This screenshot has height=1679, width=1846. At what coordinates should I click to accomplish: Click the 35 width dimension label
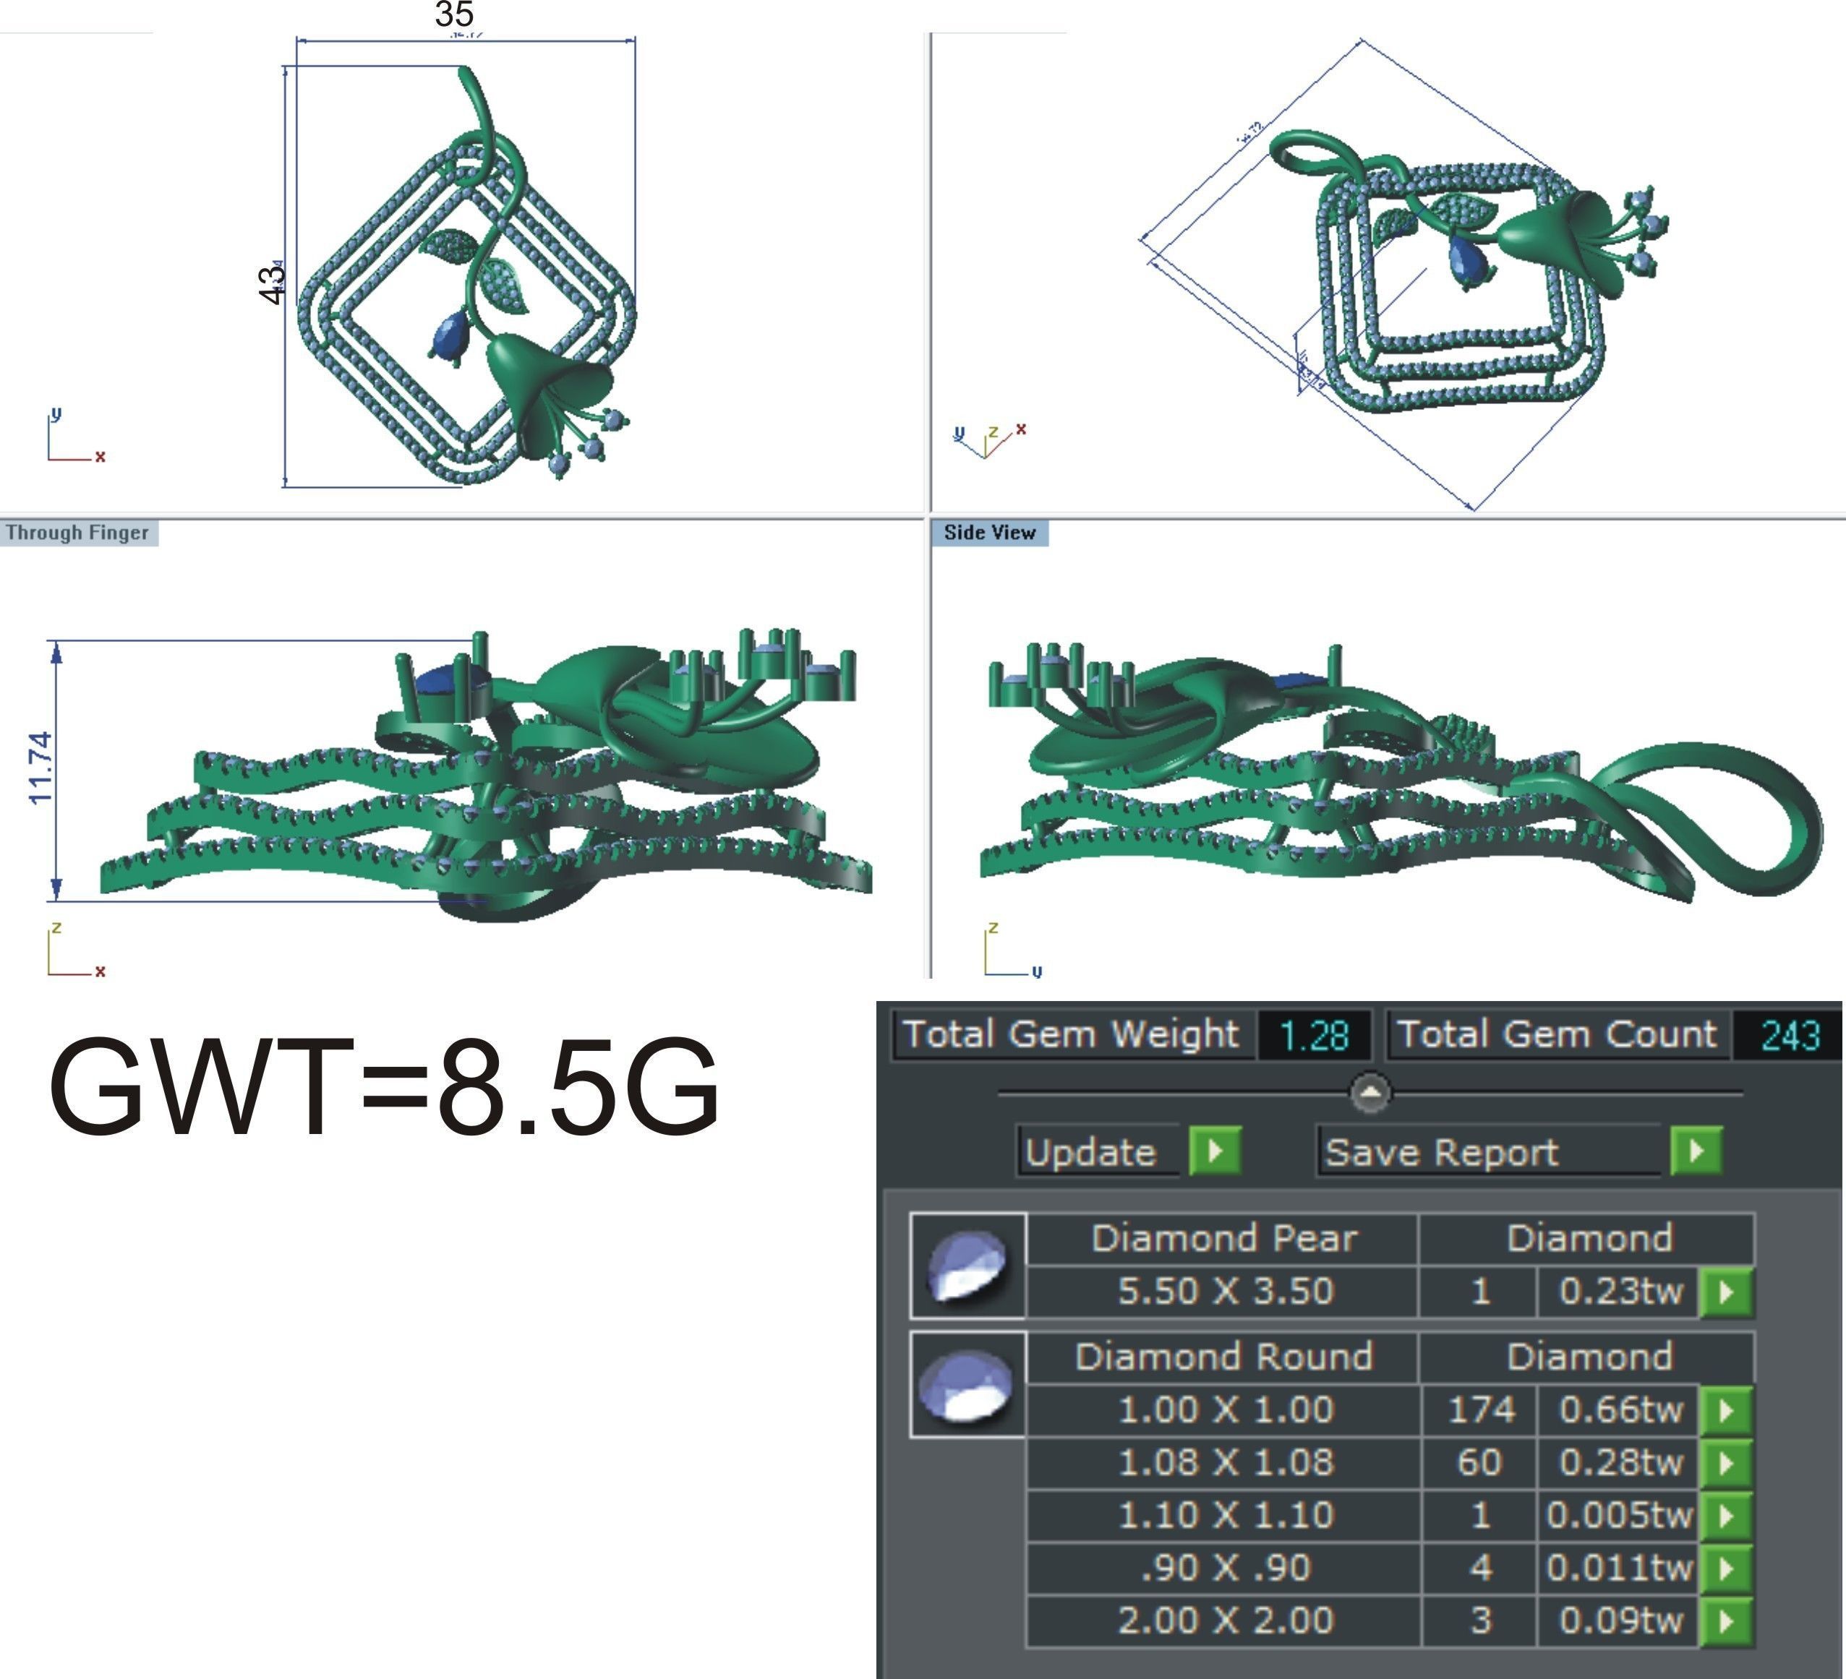454,14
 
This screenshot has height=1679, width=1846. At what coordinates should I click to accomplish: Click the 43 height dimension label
271,285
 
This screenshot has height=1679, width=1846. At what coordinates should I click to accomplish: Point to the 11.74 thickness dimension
40,767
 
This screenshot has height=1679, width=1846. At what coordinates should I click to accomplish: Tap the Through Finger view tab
78,533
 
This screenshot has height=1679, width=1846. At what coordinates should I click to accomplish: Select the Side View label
989,533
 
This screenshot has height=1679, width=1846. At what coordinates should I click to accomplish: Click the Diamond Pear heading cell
1223,1239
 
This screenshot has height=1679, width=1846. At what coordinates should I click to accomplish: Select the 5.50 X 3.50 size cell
1224,1291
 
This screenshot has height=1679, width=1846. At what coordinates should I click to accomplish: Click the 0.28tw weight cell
1620,1462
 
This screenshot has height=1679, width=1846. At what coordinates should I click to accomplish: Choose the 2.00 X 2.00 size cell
1224,1620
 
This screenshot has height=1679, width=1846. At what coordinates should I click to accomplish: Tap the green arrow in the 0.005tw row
1726,1515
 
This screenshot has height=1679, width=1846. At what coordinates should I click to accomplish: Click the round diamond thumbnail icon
967,1385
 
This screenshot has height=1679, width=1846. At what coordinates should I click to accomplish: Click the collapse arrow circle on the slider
1369,1092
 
